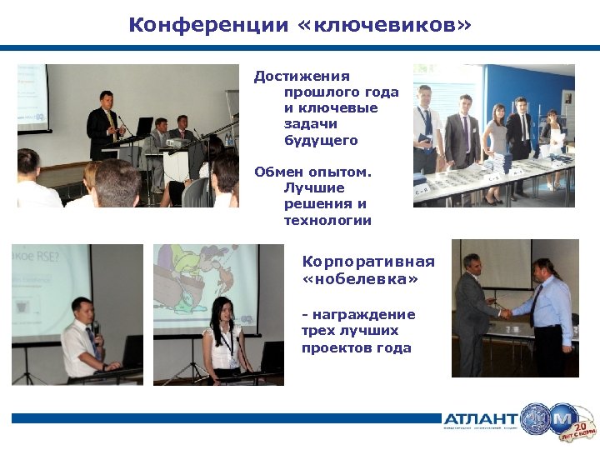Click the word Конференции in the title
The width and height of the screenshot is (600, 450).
(x=208, y=25)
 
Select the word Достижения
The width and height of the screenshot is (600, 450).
(x=302, y=77)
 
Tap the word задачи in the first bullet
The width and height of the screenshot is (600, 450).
(x=307, y=124)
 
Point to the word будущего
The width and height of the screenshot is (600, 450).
(x=321, y=140)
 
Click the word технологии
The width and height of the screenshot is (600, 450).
(x=327, y=220)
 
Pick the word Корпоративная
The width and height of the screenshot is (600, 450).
(x=367, y=262)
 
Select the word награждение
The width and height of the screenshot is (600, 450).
(x=362, y=314)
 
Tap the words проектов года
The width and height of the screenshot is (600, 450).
(x=357, y=347)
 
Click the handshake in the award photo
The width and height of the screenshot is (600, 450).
(x=505, y=313)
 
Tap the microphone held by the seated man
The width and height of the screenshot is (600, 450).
(x=95, y=327)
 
